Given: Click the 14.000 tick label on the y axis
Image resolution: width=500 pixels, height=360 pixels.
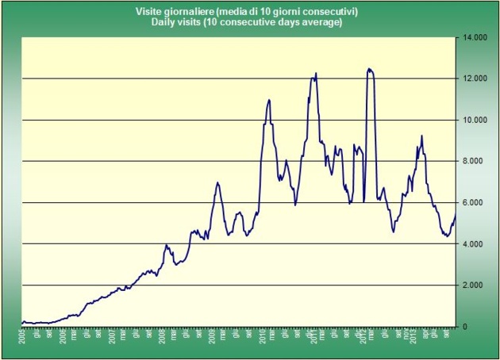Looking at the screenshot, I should [473, 37].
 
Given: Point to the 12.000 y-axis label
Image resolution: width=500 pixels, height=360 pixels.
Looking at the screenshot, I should [473, 79].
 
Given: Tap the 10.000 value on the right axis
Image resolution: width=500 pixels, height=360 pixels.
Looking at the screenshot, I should [473, 120].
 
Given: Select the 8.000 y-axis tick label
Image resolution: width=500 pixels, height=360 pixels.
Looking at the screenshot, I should [475, 161].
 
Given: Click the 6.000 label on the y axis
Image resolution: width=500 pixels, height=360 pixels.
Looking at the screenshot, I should [475, 202].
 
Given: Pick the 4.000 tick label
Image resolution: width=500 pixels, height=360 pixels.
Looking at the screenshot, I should [475, 243].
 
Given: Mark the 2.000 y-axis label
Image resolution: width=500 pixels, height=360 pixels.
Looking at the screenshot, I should [475, 285].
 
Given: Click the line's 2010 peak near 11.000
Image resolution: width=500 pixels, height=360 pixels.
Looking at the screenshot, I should [269, 100].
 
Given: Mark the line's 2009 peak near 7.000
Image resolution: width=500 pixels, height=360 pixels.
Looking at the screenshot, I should [217, 182].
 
